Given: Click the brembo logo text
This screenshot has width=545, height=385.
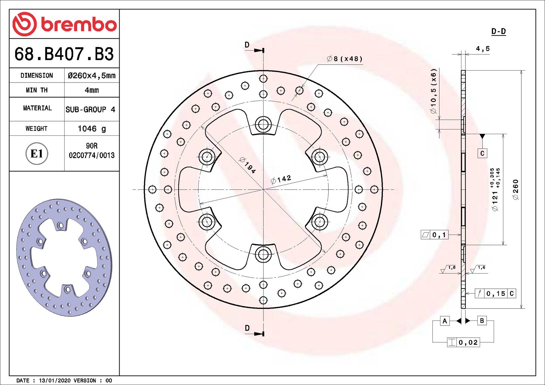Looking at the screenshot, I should [x=79, y=25].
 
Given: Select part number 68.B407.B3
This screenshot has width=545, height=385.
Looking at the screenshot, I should [x=64, y=54].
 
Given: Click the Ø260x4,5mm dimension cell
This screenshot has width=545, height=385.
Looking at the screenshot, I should [x=92, y=76].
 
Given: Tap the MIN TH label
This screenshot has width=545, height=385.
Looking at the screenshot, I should [x=37, y=90].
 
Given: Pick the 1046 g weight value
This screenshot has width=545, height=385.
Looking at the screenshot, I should [x=92, y=129].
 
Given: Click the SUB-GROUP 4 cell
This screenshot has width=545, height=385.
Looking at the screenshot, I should [x=90, y=109].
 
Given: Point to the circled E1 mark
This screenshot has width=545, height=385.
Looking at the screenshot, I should [x=37, y=154].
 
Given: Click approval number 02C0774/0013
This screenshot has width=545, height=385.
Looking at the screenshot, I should [x=92, y=155].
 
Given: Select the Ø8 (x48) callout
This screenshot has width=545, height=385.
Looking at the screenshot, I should [x=344, y=59].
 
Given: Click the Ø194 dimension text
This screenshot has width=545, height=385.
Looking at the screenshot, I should [x=248, y=165].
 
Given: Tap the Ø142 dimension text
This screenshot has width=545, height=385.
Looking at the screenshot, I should [x=281, y=179].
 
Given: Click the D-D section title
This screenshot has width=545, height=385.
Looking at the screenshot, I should [x=498, y=32].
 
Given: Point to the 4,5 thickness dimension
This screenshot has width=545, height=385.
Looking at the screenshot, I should [x=483, y=49].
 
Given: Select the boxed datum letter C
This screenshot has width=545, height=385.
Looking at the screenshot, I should [x=482, y=153].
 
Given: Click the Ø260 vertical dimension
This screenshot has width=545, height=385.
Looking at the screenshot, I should [x=516, y=190].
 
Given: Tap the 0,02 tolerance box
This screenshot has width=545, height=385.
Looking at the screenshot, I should [x=468, y=342].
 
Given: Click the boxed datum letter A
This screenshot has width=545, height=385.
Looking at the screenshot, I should [x=445, y=321].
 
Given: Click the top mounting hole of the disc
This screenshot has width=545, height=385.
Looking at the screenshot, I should [x=263, y=125].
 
